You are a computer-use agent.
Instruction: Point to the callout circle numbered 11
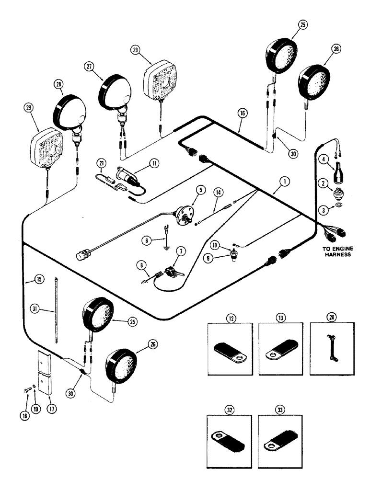click(155, 163)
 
